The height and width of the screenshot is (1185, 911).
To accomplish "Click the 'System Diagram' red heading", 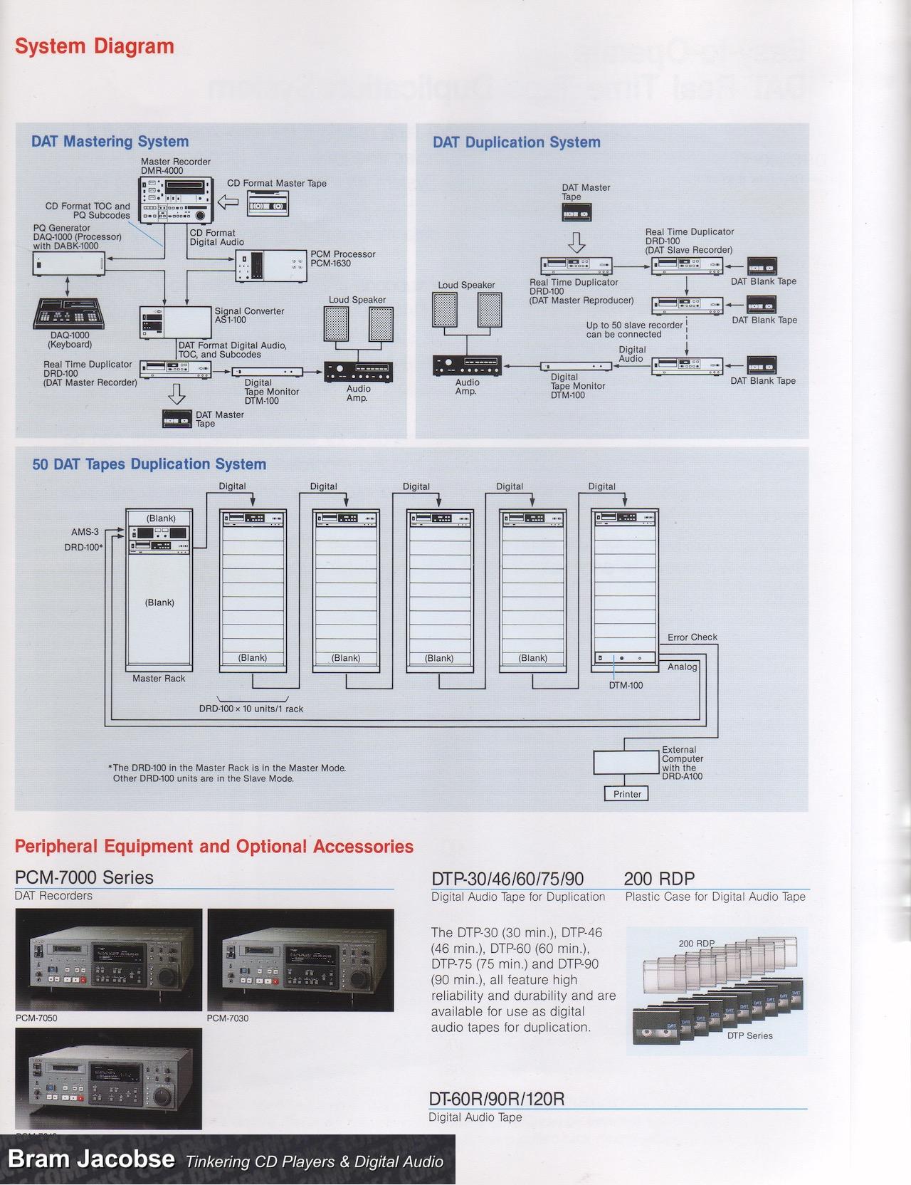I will (95, 47).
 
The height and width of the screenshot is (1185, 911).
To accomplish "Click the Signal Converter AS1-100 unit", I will (176, 321).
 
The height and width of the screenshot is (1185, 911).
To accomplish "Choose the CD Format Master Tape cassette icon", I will (268, 205).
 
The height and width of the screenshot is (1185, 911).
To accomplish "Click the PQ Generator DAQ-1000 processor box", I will (68, 264).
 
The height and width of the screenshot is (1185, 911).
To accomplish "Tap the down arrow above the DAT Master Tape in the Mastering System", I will (177, 394).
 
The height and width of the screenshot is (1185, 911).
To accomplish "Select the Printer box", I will (627, 794).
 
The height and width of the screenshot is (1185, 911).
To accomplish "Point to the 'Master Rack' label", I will (159, 679).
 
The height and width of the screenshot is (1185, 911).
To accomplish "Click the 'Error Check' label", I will (692, 637).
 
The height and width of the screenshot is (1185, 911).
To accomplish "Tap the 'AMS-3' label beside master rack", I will (85, 532).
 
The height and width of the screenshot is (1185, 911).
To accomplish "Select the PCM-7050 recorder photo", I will (109, 960).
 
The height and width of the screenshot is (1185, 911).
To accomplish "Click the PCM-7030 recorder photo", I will (300, 960).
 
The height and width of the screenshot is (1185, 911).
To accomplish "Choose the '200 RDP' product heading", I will (659, 879).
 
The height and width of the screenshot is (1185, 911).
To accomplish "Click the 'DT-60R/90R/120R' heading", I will (497, 1099).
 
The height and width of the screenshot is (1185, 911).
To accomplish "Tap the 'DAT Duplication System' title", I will (517, 142).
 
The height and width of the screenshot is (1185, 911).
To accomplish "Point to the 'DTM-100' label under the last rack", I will (626, 686).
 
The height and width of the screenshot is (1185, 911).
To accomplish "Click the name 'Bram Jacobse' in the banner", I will (91, 1159).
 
